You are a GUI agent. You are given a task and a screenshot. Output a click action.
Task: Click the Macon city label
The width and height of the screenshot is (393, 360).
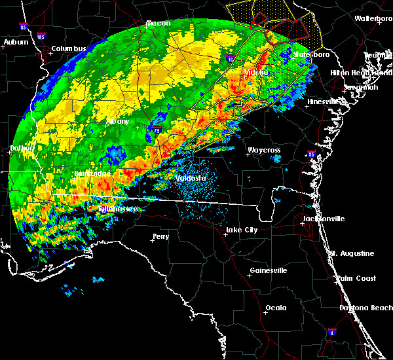(158, 24)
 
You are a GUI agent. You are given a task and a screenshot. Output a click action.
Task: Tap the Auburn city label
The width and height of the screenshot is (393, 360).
(15, 43)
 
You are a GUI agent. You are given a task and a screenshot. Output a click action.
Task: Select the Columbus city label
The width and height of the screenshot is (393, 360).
(69, 49)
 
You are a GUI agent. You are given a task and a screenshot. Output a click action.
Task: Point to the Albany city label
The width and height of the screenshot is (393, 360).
(117, 122)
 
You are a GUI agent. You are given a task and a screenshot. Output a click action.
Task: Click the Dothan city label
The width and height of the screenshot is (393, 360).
(21, 149)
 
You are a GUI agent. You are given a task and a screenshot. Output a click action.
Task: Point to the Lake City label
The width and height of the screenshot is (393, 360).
(241, 230)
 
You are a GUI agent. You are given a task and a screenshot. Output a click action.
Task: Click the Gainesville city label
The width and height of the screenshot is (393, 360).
(269, 270)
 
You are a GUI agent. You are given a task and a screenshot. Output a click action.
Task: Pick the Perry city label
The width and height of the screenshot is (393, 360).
(160, 236)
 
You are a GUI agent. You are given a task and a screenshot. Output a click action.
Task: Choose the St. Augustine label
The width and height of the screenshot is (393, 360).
(352, 253)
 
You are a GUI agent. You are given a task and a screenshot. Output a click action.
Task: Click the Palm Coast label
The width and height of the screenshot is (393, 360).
(356, 279)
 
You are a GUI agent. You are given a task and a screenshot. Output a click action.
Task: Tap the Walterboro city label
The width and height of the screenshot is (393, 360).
(373, 19)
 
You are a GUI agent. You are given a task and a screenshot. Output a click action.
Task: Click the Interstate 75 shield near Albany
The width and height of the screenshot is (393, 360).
(157, 131)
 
